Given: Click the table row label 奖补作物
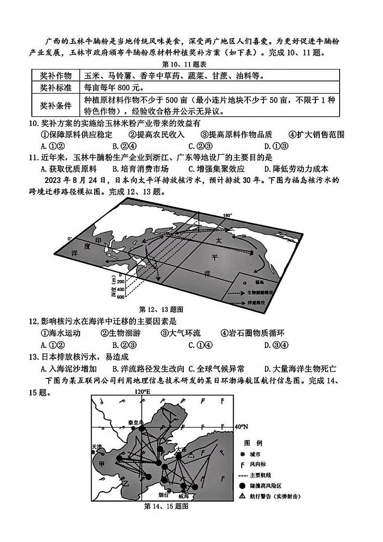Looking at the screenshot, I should pos(55,76).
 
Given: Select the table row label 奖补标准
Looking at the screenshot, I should pos(55,88).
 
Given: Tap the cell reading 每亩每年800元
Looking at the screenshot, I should pos(114,88).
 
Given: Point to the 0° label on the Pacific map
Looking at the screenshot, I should pos(70,238).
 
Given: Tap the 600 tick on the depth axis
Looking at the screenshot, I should pos(120,297).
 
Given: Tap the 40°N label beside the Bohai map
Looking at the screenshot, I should pos(241,427).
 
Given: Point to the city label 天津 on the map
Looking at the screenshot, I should pos(96,447).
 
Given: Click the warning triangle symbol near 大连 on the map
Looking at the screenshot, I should pos(191,455).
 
